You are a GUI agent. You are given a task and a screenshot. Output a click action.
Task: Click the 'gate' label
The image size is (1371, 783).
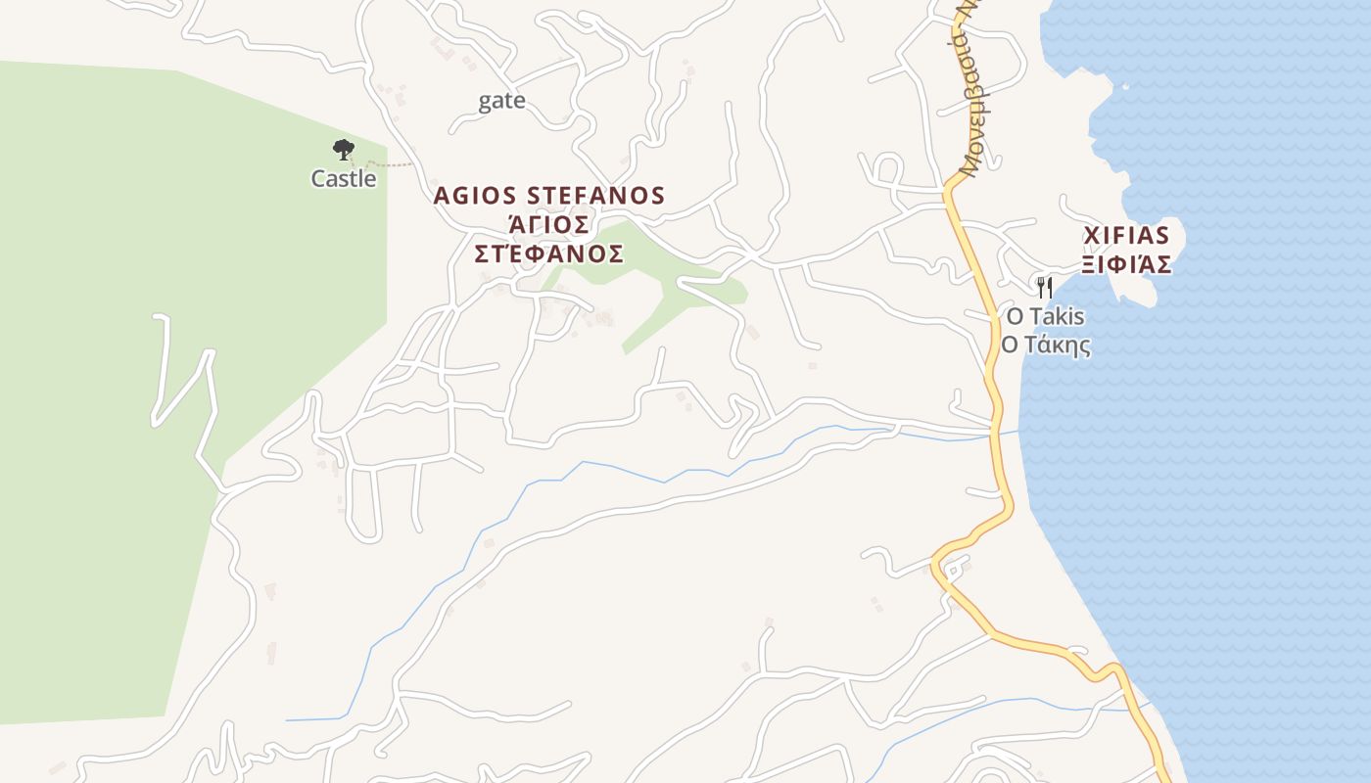point(501,101)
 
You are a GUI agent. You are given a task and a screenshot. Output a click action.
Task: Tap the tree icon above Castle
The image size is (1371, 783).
point(343,150)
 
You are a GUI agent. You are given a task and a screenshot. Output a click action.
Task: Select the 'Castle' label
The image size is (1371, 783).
point(344,179)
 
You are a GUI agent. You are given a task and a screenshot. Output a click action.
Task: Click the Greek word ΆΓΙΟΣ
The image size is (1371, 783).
point(549,224)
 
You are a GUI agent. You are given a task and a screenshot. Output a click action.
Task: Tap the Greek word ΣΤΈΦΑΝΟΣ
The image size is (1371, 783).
point(549,254)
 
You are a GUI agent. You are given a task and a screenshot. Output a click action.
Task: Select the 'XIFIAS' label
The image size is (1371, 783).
point(1126,236)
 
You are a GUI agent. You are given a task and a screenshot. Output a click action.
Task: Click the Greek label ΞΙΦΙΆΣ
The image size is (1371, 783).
point(1126,264)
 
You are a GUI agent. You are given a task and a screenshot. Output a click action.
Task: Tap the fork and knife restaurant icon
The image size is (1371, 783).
point(1045,287)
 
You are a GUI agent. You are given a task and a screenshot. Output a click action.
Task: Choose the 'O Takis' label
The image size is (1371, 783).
point(1045,316)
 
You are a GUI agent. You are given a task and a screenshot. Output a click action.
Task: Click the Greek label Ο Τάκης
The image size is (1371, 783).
point(1045,345)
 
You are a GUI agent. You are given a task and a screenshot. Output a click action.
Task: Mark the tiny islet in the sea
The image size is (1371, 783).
point(1125,87)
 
